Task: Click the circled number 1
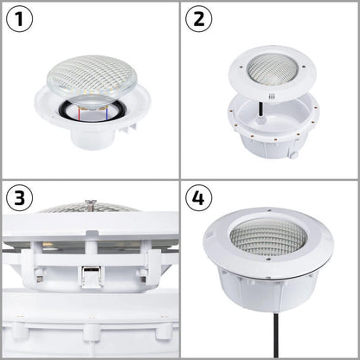point(19,19)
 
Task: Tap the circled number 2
point(199,19)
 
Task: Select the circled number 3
point(19,198)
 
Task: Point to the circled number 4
point(199,198)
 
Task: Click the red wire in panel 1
point(79,114)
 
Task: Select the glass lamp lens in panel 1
point(92,75)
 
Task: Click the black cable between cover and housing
point(261,109)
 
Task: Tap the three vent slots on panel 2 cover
point(272,97)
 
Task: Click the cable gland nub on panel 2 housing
point(293,154)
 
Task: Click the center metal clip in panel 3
point(90,277)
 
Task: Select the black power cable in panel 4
point(276,336)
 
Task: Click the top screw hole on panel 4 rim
point(269,210)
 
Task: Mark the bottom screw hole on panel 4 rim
point(268,260)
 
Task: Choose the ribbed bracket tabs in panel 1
point(128,128)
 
